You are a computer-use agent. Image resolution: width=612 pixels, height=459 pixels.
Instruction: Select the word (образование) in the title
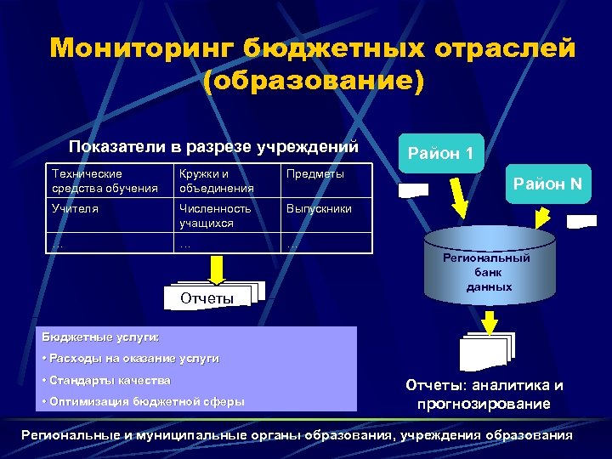(x=313, y=82)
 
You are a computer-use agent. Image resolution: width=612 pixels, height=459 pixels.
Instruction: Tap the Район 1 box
(x=440, y=154)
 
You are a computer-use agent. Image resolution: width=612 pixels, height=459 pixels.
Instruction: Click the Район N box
(x=547, y=183)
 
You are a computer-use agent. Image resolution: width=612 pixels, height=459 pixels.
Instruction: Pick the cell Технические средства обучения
(x=110, y=180)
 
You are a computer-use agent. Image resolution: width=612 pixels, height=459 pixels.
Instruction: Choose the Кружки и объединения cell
(x=226, y=180)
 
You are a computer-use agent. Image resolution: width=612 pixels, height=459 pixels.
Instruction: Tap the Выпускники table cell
(x=319, y=208)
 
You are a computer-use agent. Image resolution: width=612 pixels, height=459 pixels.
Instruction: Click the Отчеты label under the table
(x=207, y=298)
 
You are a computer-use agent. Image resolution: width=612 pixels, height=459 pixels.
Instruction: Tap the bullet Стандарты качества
(x=110, y=380)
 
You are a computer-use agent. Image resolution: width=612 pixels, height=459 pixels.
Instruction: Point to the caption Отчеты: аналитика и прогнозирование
(x=484, y=394)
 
